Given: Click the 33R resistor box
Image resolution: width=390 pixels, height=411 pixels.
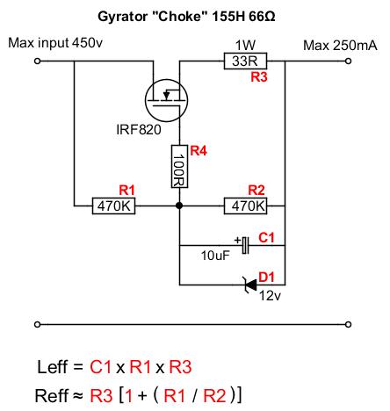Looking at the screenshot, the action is coord(245,61).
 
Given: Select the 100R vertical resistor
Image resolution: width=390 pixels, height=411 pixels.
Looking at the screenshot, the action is coord(179,166).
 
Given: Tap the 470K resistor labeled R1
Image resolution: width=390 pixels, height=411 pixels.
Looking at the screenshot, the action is coord(113,206).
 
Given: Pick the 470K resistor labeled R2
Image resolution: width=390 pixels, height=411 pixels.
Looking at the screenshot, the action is coord(245,206).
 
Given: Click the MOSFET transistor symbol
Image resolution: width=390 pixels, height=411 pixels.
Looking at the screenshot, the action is coord(166,100).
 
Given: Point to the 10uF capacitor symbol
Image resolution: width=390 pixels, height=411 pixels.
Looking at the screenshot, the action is coord(245,245).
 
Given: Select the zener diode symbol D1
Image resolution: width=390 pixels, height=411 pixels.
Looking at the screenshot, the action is coord(249,285).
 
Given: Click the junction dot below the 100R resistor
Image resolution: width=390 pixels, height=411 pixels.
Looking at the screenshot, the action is coord(179,205).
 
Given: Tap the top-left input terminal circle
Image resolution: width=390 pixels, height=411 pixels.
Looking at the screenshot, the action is coord(37,61).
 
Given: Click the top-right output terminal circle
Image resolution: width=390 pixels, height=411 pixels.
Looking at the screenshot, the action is coord(348,61).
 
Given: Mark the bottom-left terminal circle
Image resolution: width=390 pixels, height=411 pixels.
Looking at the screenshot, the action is coord(37,324).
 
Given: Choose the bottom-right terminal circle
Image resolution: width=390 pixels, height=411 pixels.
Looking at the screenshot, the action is coord(348,324).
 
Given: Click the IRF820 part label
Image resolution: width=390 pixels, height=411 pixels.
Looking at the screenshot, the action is coord(139,130).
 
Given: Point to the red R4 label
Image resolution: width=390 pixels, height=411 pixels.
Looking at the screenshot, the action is coord(199,151).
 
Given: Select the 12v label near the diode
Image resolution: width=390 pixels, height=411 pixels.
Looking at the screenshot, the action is coord(270,296).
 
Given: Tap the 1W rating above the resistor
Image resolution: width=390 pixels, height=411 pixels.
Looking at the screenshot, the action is coord(245,46).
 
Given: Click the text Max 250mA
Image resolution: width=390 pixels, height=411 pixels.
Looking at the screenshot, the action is coord(340,46).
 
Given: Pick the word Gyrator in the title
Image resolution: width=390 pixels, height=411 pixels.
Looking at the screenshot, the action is coord(122,17).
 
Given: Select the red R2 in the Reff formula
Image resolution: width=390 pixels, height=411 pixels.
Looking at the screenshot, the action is coord(214,396).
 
